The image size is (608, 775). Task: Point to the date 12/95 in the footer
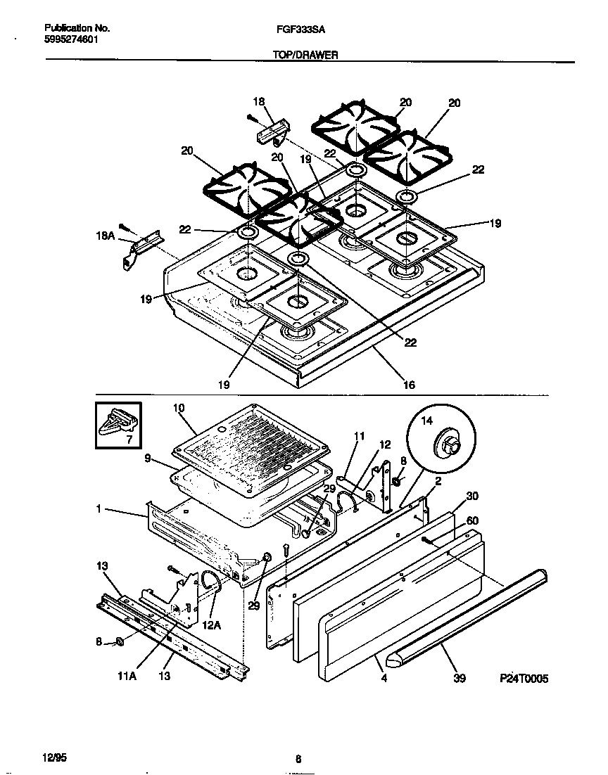coord(53,756)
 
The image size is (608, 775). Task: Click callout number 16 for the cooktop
coord(409,385)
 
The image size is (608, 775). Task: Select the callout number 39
coord(460,679)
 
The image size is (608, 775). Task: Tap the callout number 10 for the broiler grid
coord(178,407)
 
